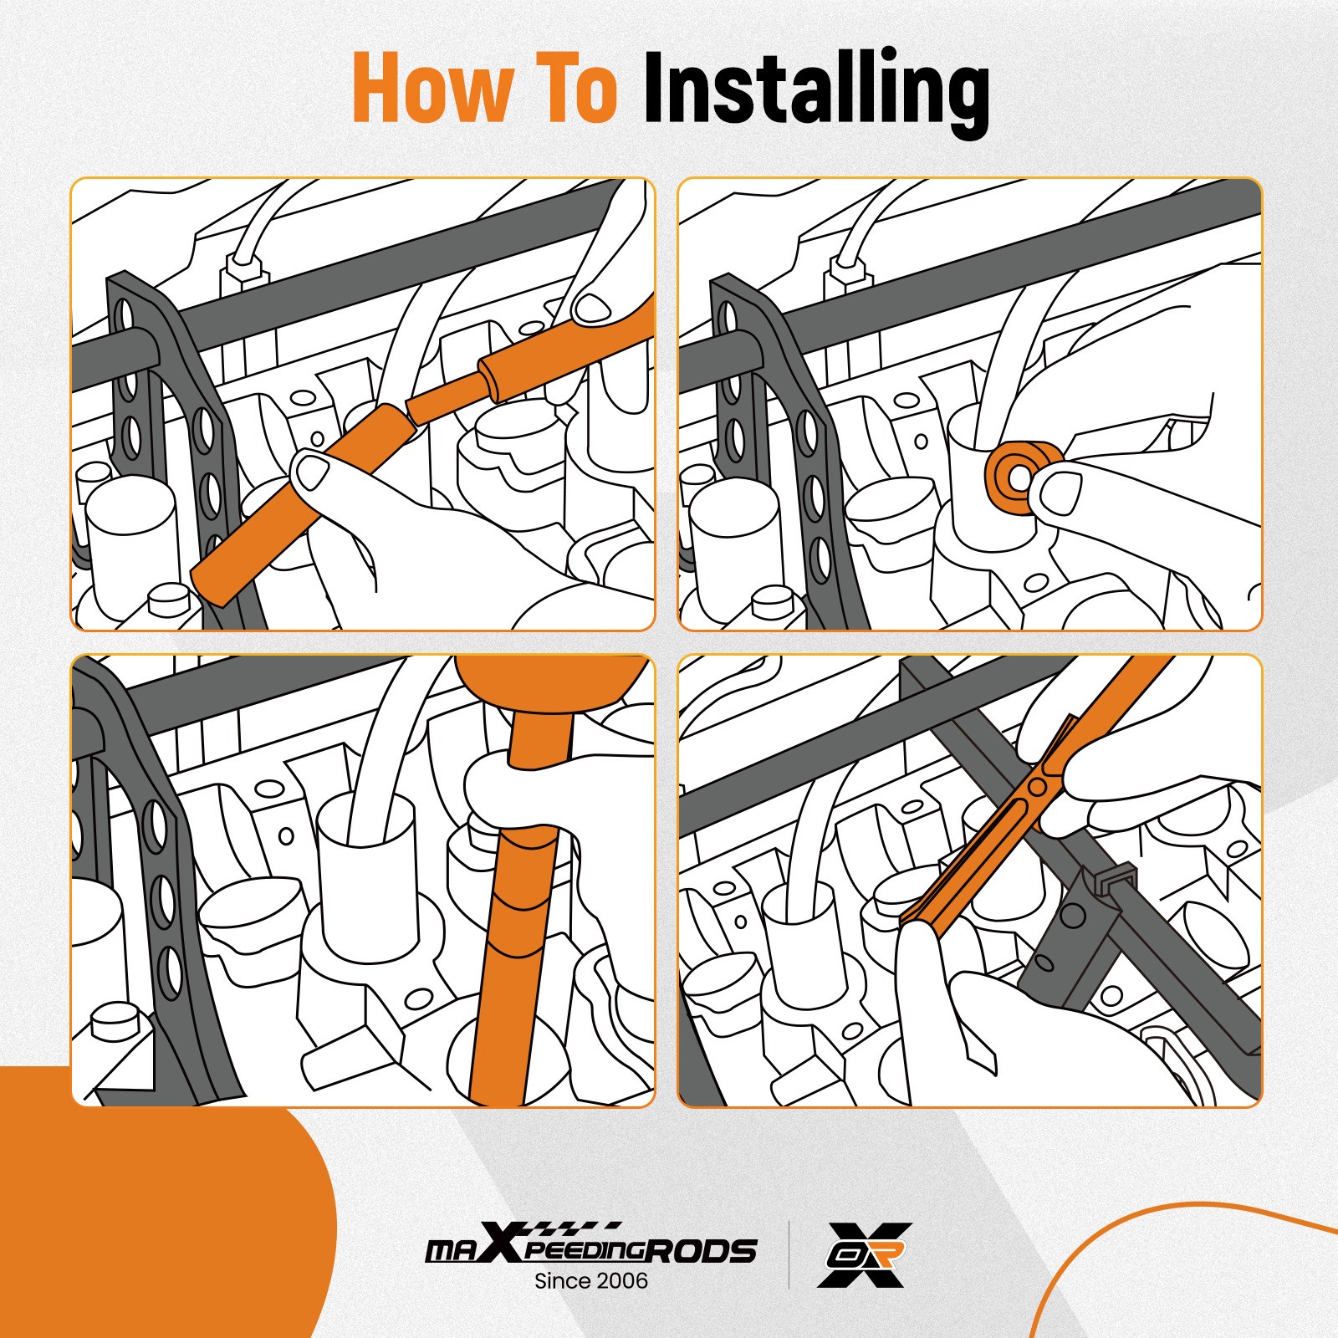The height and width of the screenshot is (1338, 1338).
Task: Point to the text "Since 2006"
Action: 591,1280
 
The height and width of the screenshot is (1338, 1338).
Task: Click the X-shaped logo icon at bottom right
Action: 865,1254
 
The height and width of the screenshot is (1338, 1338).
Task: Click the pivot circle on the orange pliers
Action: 1037,786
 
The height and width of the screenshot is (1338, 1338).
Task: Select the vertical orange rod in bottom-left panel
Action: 510,962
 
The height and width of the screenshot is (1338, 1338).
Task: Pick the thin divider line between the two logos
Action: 789,1255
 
